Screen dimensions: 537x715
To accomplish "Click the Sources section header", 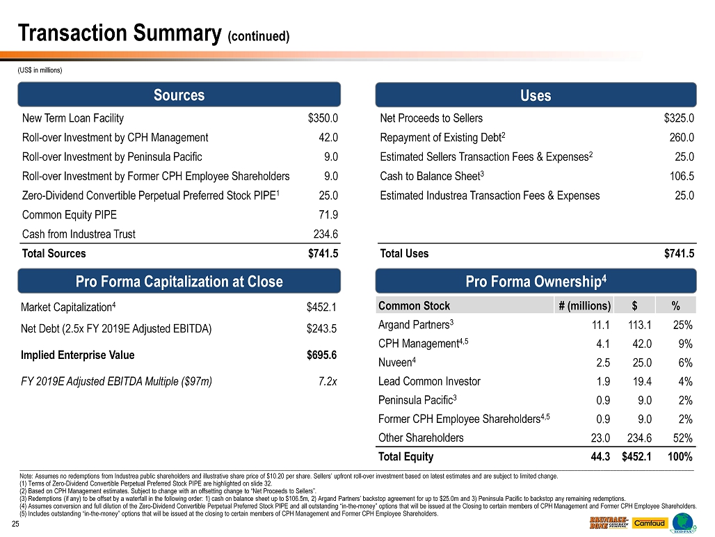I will pyautogui.click(x=179, y=95).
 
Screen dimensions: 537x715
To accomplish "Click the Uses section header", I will pyautogui.click(x=536, y=95).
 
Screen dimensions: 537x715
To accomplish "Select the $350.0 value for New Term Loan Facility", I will pyautogui.click(x=323, y=118).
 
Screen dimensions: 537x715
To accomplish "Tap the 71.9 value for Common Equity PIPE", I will pyautogui.click(x=328, y=215).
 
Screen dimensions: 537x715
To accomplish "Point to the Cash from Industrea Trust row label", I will pyautogui.click(x=79, y=234).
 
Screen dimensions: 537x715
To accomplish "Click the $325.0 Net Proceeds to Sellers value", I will pyautogui.click(x=679, y=118).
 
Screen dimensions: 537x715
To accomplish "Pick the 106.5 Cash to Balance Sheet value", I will pyautogui.click(x=682, y=176).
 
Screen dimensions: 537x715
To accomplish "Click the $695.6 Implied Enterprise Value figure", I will pyautogui.click(x=322, y=355).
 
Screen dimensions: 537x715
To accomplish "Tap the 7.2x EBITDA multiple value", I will pyautogui.click(x=328, y=380).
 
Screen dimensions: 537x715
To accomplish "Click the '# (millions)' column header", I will pyautogui.click(x=585, y=305).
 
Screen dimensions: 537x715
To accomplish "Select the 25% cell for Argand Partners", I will pyautogui.click(x=682, y=324).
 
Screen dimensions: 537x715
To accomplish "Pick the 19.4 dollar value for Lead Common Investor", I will pyautogui.click(x=641, y=381).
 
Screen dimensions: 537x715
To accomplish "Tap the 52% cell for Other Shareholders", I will pyautogui.click(x=682, y=438).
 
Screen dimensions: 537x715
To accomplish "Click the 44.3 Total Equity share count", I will pyautogui.click(x=600, y=457).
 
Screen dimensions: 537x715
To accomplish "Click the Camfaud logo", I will pyautogui.click(x=650, y=523).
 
